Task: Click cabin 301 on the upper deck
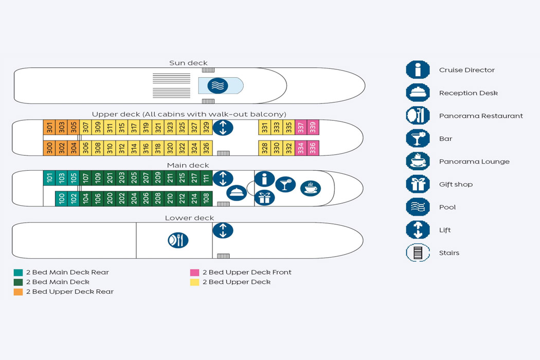[x=49, y=127]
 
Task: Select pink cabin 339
[x=313, y=127]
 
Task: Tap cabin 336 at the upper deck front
[x=313, y=148]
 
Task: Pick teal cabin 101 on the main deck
[x=49, y=178]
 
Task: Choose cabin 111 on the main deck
[x=206, y=178]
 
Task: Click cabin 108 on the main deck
[x=206, y=199]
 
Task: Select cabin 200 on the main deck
[x=110, y=199]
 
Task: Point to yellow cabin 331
[x=264, y=127]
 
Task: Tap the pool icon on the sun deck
[x=218, y=85]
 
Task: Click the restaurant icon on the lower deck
[x=178, y=240]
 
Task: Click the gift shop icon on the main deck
[x=264, y=197]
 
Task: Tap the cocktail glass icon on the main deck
[x=285, y=184]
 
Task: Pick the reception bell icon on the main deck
[x=237, y=192]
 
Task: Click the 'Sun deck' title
[x=188, y=63]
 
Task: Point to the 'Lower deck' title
[x=189, y=218]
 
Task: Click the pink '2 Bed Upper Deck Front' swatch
[x=194, y=273]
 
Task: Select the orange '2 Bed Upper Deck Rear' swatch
[x=19, y=292]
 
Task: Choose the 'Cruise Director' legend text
[x=466, y=70]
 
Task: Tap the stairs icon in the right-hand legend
[x=418, y=253]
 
